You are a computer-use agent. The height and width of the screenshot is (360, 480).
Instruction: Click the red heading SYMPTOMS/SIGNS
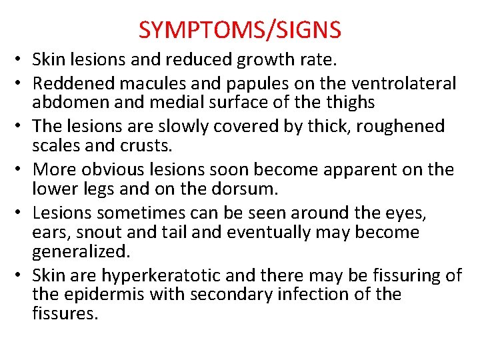tap(240, 29)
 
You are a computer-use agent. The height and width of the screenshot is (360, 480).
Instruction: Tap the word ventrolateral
tap(403, 83)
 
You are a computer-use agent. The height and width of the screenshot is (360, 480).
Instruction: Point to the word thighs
tap(352, 102)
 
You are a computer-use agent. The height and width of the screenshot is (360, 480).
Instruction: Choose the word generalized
tap(80, 253)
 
